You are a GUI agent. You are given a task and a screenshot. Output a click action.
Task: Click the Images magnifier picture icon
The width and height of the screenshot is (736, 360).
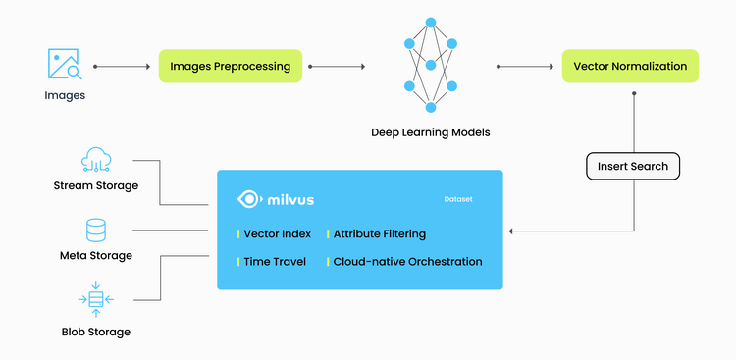point(64,65)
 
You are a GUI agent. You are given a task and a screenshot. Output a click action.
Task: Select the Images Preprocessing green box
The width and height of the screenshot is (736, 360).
point(231,67)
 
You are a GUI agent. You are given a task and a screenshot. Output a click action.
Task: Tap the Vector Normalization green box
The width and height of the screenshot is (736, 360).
point(629,67)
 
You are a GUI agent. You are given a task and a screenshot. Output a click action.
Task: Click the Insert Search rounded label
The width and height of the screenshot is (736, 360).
point(633,166)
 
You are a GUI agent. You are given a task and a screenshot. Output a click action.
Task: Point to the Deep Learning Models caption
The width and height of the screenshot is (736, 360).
point(430,132)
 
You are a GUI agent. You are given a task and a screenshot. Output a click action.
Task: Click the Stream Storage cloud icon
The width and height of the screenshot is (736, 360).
point(96,158)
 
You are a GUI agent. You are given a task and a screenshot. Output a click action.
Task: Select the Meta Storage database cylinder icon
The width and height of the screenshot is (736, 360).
point(96,230)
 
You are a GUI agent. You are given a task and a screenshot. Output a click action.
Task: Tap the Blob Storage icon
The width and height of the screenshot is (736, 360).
point(96,299)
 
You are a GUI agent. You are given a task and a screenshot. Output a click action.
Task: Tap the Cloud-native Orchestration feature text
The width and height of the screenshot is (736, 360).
point(407,262)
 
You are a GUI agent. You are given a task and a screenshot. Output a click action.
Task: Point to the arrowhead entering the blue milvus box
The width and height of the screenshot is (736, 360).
point(510,231)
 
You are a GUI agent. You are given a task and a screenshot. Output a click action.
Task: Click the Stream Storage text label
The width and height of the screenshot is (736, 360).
point(96,185)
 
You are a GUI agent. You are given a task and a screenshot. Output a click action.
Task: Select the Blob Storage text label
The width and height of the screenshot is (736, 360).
point(96,332)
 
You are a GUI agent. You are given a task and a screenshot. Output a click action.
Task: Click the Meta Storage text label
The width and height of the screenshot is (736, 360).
point(96,256)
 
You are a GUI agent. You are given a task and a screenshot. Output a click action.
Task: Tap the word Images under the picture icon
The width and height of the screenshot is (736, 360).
point(65,95)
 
